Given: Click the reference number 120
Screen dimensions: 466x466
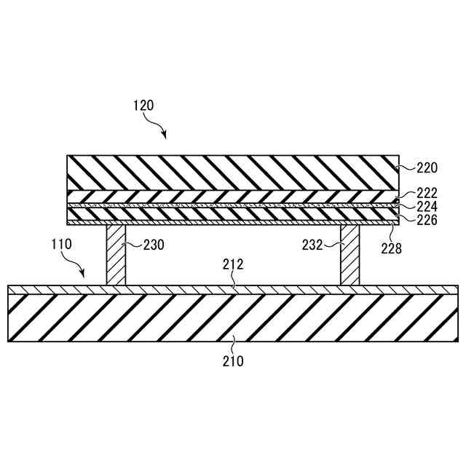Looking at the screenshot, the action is (x=143, y=105).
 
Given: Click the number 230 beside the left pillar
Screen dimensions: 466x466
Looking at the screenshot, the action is (x=154, y=245).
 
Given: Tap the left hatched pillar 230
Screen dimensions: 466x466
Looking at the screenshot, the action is (x=116, y=255).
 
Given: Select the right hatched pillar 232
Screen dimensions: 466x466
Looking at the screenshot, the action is (x=349, y=255).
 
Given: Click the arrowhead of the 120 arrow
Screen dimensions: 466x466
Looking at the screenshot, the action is (x=165, y=137).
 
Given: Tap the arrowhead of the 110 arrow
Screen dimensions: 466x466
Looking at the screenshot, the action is (x=85, y=276).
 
